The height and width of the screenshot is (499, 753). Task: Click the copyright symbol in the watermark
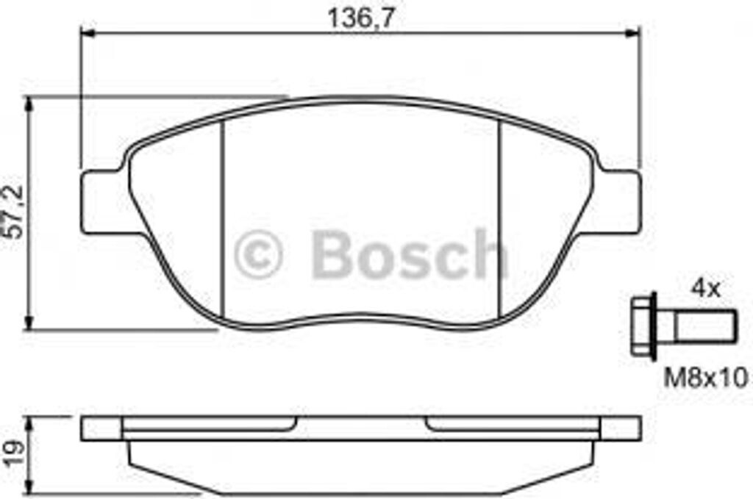[x=257, y=254]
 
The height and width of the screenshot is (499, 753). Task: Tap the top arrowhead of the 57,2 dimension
[x=29, y=104]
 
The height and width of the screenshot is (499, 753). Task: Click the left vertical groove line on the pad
[x=222, y=220]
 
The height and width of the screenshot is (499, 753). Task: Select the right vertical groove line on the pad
[x=499, y=220]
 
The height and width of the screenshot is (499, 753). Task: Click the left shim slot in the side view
[x=210, y=423]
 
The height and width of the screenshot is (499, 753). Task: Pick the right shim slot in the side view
[x=511, y=423]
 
